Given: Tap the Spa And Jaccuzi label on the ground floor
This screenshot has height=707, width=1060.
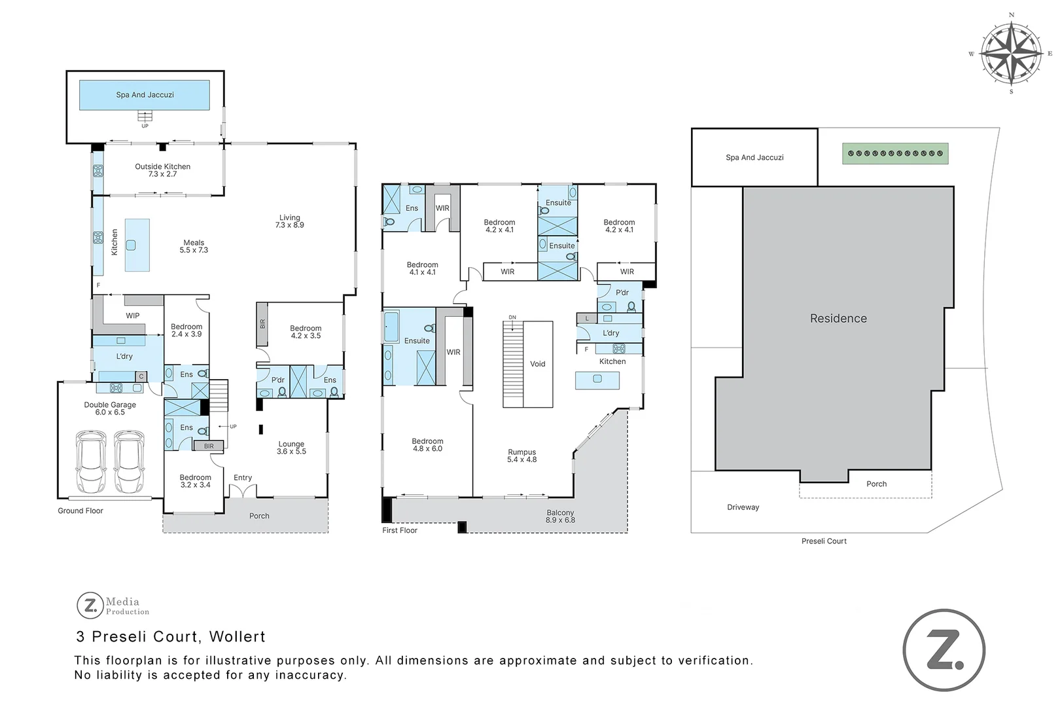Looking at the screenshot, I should tap(145, 95).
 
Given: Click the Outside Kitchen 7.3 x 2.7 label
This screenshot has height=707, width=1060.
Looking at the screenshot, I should tap(162, 170).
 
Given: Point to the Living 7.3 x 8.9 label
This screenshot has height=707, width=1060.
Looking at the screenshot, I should tap(289, 221).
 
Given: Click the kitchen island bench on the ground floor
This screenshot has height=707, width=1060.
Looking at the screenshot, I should tap(137, 245).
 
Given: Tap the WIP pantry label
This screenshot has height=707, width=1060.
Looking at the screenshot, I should tap(133, 316).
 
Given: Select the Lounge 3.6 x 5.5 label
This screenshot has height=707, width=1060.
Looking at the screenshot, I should tap(291, 448).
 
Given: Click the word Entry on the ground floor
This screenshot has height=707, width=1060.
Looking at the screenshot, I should tap(243, 478).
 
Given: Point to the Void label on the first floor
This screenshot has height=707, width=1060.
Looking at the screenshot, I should tap(537, 364).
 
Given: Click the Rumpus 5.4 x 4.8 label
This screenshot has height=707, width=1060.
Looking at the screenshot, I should tap(521, 456).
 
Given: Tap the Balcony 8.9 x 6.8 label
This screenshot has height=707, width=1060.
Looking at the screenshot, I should tap(560, 517).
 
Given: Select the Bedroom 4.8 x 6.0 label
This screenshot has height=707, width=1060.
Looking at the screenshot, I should tap(427, 445).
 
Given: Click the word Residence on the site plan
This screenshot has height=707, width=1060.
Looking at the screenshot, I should tap(838, 319).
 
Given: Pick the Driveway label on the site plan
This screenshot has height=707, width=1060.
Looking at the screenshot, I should tap(743, 507).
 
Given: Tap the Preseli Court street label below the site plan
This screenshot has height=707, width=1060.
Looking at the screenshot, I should tap(824, 541).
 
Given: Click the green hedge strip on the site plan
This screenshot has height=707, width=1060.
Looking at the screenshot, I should tap(894, 154).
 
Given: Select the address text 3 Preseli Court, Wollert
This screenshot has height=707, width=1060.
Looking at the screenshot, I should tap(171, 636).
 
